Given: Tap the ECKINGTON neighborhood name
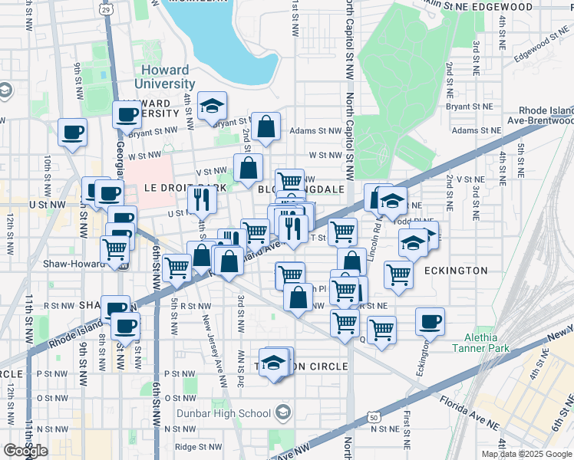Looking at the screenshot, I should coord(457,270).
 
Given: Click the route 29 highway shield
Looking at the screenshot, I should coord(106,9).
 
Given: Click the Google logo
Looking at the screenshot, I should coord(25,451).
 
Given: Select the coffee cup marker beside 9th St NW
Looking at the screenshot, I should coord(72,132).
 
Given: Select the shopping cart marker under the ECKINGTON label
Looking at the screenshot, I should coord(399,274).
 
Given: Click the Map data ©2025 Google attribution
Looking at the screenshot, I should coord(526,454).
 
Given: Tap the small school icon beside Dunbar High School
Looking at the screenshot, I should coord(284,413).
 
